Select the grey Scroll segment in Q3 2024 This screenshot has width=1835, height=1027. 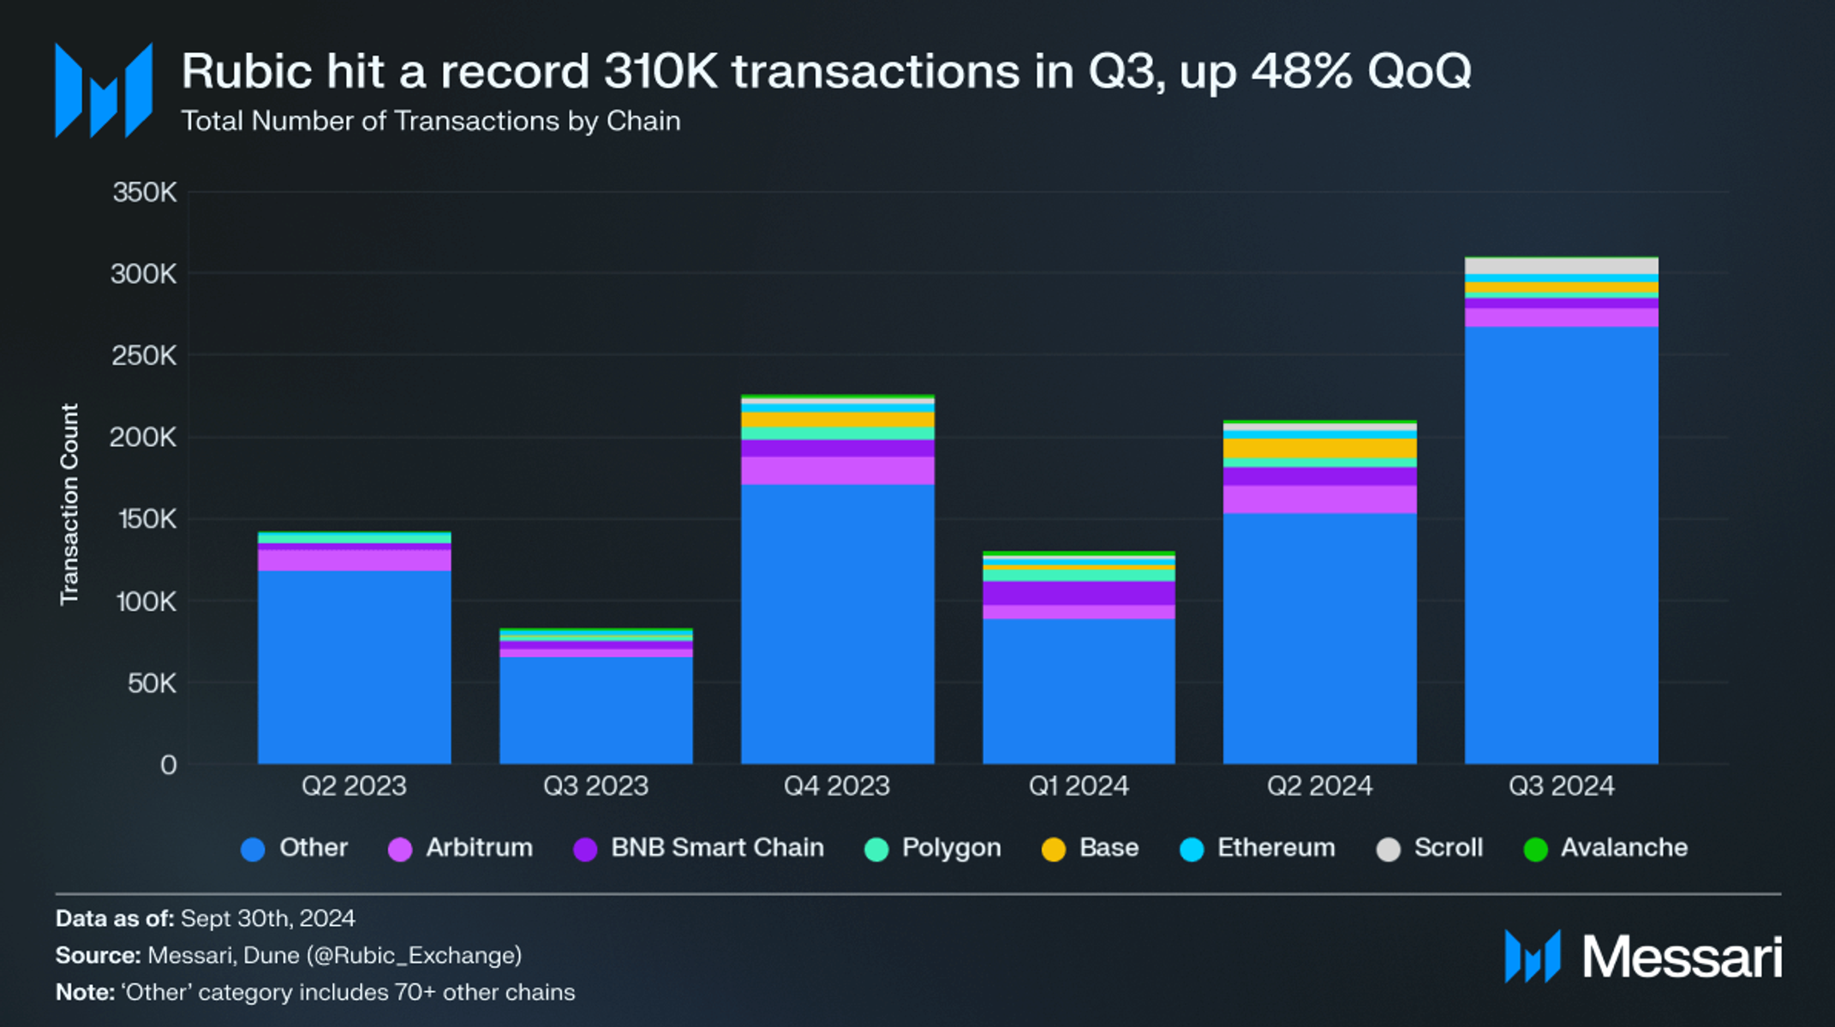pyautogui.click(x=1561, y=266)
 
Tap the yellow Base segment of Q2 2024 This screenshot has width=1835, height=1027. pyautogui.click(x=1319, y=449)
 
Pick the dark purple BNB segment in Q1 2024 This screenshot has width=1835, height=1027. pyautogui.click(x=1079, y=593)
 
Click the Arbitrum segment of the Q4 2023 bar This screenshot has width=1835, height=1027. pyautogui.click(x=837, y=470)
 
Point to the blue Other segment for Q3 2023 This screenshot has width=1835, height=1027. pyautogui.click(x=595, y=710)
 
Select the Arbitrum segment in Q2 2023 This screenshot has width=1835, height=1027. pyautogui.click(x=354, y=560)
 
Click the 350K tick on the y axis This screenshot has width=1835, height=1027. pyautogui.click(x=145, y=193)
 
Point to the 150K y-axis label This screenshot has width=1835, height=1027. pyautogui.click(x=145, y=519)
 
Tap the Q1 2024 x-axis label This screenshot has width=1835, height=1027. pyautogui.click(x=1079, y=785)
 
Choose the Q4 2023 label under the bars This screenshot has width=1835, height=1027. pyautogui.click(x=837, y=785)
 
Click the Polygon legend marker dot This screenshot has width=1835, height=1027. pyautogui.click(x=876, y=850)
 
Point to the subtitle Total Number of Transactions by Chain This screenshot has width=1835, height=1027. pyautogui.click(x=431, y=121)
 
